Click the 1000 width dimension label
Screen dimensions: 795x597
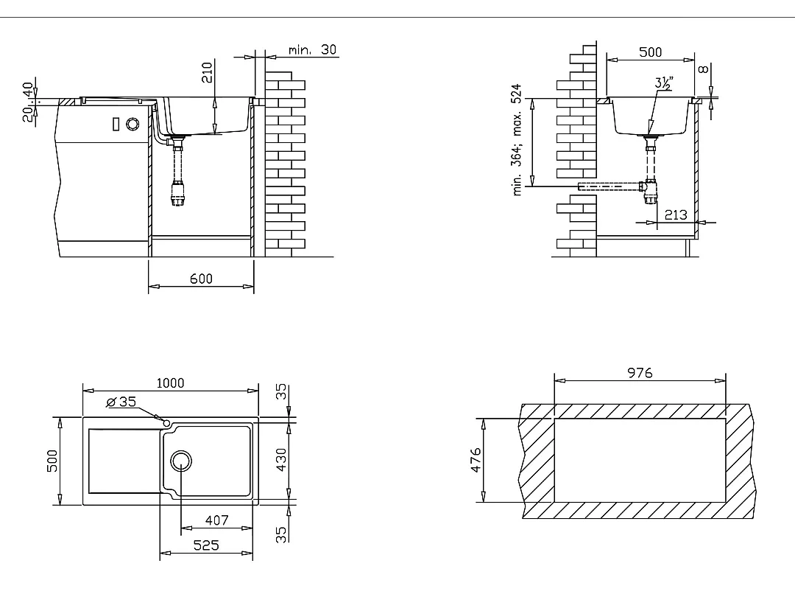[x=170, y=383]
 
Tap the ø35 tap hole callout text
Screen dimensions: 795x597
[x=121, y=402]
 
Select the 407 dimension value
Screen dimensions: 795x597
[x=217, y=520]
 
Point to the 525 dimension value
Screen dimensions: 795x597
[x=206, y=545]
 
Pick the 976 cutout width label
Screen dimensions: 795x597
[x=640, y=373]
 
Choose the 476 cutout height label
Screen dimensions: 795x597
[x=476, y=460]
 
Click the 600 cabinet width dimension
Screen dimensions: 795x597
[x=201, y=279]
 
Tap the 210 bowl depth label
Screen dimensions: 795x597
[x=208, y=72]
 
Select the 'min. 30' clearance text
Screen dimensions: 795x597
[x=312, y=50]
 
